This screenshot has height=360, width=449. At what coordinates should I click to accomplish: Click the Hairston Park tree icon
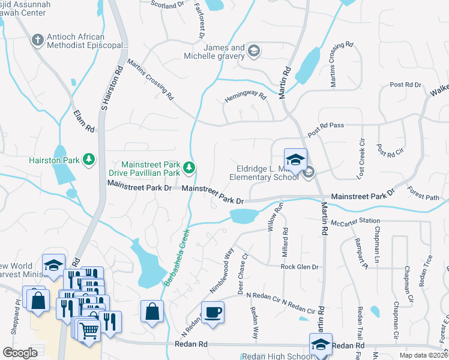[x=89, y=159]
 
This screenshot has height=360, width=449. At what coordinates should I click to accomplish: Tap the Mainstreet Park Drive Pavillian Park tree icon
[x=190, y=167]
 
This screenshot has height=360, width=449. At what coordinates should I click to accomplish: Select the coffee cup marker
[x=212, y=313]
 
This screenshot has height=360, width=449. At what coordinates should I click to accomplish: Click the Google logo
[x=20, y=353]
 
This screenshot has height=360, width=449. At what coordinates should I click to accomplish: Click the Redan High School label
[x=276, y=356]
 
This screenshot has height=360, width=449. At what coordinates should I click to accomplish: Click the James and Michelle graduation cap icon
[x=254, y=51]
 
